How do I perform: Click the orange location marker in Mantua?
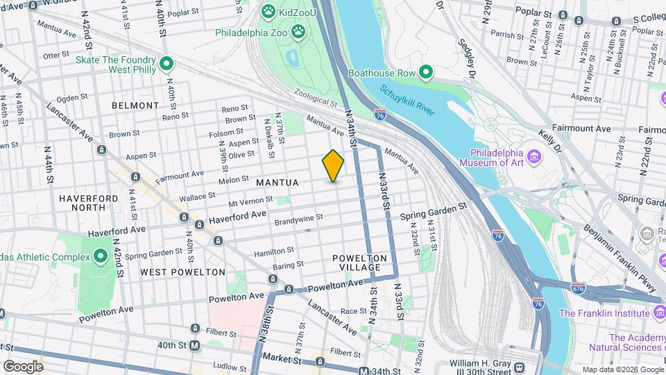click(333, 166)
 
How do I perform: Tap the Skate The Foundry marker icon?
click(166, 65)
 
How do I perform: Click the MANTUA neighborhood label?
click(277, 183)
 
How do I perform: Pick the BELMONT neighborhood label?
click(135, 106)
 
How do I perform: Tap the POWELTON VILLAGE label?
click(357, 262)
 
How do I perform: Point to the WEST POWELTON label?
click(182, 272)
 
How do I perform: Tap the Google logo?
click(23, 366)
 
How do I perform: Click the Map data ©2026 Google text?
click(622, 369)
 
